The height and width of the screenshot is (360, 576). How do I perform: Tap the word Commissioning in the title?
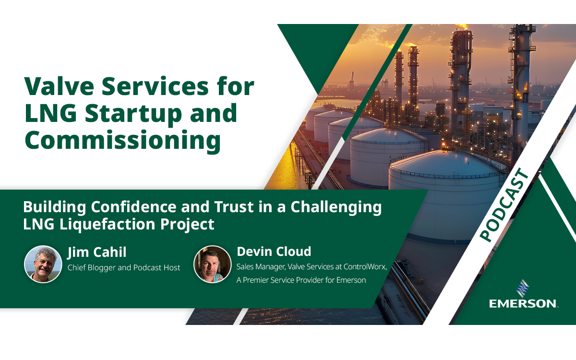click(x=122, y=140)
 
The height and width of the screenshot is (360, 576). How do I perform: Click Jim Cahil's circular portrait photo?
click(x=43, y=264)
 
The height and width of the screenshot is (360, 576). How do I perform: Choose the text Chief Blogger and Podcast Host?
click(x=124, y=267)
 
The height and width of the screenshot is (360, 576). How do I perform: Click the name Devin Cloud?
click(x=274, y=251)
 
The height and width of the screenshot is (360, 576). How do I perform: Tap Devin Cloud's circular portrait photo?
click(x=212, y=264)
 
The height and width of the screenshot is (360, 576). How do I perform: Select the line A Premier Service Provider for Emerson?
click(x=301, y=280)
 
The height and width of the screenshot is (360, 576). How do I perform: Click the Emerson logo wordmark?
click(x=523, y=303)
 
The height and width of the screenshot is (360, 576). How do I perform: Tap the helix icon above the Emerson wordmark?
click(x=523, y=288)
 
